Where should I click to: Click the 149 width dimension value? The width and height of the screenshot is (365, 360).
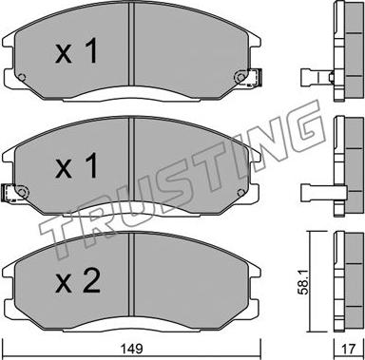(x=132, y=350)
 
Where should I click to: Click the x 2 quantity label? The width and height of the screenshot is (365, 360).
(x=78, y=281)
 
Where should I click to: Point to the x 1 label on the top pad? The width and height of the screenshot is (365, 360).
(x=76, y=52)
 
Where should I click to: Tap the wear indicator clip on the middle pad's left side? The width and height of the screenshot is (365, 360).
(x=9, y=193)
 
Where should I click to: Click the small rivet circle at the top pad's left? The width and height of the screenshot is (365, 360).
(x=22, y=77)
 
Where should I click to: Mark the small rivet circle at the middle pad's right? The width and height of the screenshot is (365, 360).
(x=240, y=192)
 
